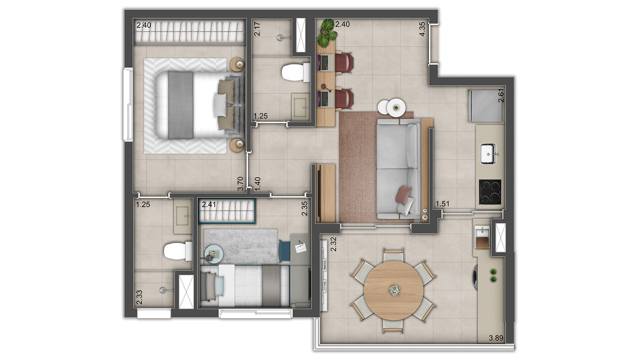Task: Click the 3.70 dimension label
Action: (241, 183)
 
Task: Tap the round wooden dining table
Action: (393, 290)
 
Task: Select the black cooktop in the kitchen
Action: (490, 192)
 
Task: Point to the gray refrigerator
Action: (485, 105)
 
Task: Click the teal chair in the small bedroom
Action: (284, 250)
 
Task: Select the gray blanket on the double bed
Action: (180, 105)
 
